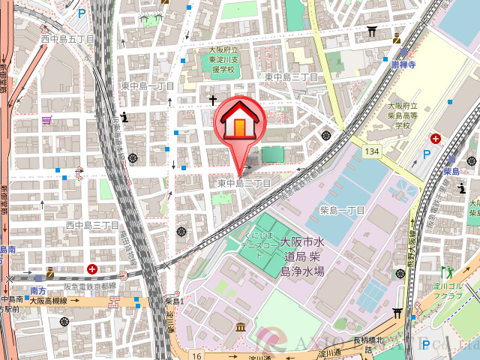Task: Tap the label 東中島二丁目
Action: coord(244,183)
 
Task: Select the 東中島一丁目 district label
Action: coord(148,86)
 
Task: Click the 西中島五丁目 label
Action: coord(67,38)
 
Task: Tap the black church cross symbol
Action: coord(212,100)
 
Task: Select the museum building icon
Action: coord(240,327)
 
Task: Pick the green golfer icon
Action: coord(449,271)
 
